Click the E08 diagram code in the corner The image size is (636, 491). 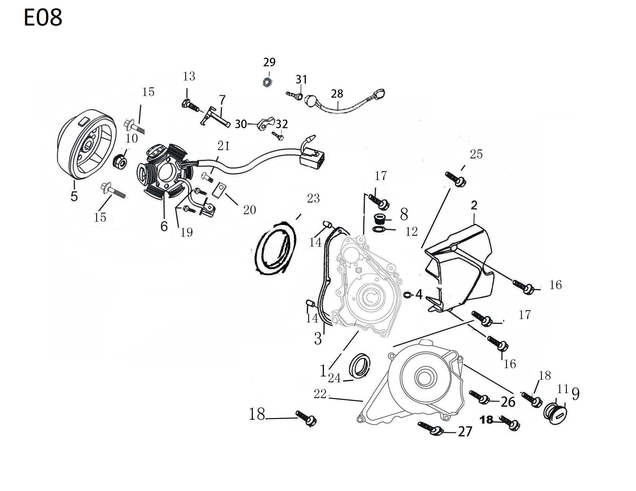pos(43,17)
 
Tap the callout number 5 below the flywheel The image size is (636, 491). pos(74,196)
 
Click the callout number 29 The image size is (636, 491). pos(269,62)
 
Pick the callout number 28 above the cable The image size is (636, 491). pos(337,94)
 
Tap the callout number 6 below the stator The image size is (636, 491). pos(164,226)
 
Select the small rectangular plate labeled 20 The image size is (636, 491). pos(219,190)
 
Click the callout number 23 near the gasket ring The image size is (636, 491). pos(313,199)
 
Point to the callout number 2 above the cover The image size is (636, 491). pos(474,206)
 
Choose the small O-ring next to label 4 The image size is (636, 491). pos(408,295)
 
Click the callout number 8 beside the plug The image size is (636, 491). pos(404,214)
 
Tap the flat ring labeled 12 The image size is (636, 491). pos(378,230)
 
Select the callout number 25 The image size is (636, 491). pos(476,154)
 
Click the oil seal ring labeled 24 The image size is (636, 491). pos(360,366)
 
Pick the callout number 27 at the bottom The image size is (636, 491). pos(465,432)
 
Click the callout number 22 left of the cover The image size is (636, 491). pos(320,394)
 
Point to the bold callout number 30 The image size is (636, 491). pos(241,124)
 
